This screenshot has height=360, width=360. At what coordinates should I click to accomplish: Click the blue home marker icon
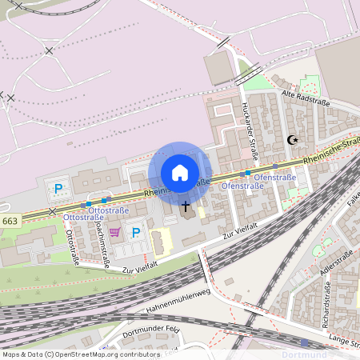point(180,173)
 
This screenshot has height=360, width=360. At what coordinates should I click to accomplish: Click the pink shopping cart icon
point(115,233)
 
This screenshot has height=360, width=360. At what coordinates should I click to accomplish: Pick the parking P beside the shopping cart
point(136,233)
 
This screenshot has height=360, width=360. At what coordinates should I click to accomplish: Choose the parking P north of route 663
point(58,190)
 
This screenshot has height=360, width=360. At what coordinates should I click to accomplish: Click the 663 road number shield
point(10,221)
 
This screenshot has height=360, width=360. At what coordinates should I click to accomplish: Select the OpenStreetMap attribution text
point(82,354)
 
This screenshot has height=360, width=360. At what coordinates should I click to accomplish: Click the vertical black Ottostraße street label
point(71,247)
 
